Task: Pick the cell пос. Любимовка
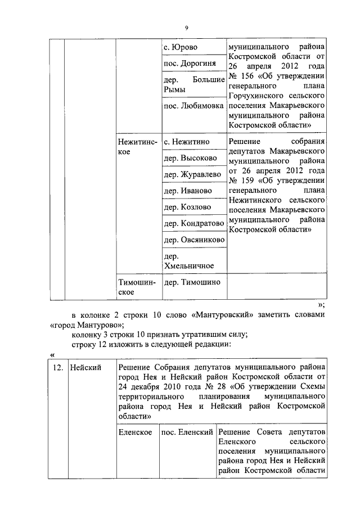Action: [x=193, y=106]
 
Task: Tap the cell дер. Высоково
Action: [x=190, y=159]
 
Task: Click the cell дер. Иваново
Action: [x=188, y=191]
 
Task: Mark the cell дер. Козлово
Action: [x=188, y=208]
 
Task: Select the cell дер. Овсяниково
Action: [x=193, y=240]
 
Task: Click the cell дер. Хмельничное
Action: [x=188, y=261]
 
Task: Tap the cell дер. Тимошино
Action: [x=192, y=282]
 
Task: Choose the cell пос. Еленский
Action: [x=187, y=432]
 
